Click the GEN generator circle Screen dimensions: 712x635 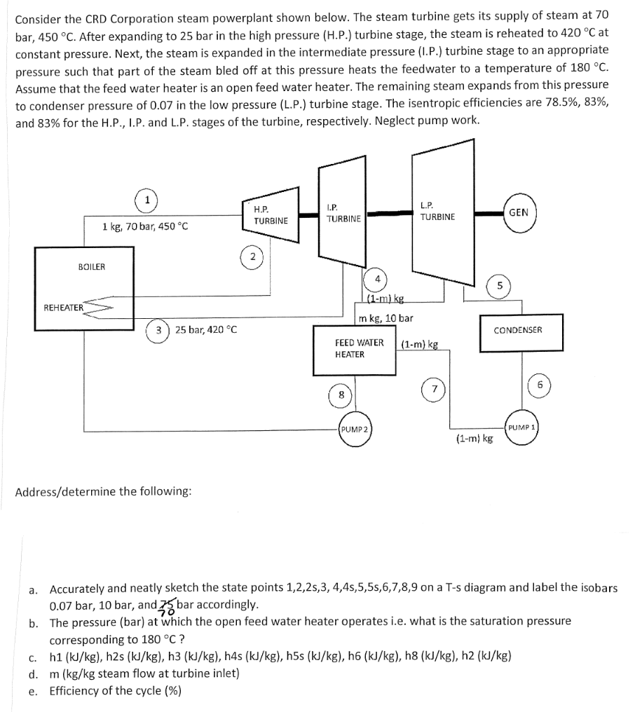[x=519, y=212]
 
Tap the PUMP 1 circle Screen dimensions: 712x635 [x=521, y=427]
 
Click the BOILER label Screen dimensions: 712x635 [x=92, y=266]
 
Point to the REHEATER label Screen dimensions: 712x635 [x=63, y=307]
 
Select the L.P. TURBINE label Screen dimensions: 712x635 [x=437, y=211]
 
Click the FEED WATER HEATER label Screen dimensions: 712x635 [x=359, y=348]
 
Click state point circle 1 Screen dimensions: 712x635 [x=147, y=198]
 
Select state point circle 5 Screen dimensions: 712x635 [x=499, y=285]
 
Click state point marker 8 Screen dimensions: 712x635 [x=341, y=395]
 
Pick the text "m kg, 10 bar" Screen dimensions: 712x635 [x=385, y=319]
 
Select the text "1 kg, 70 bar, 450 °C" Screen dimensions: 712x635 [x=145, y=226]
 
